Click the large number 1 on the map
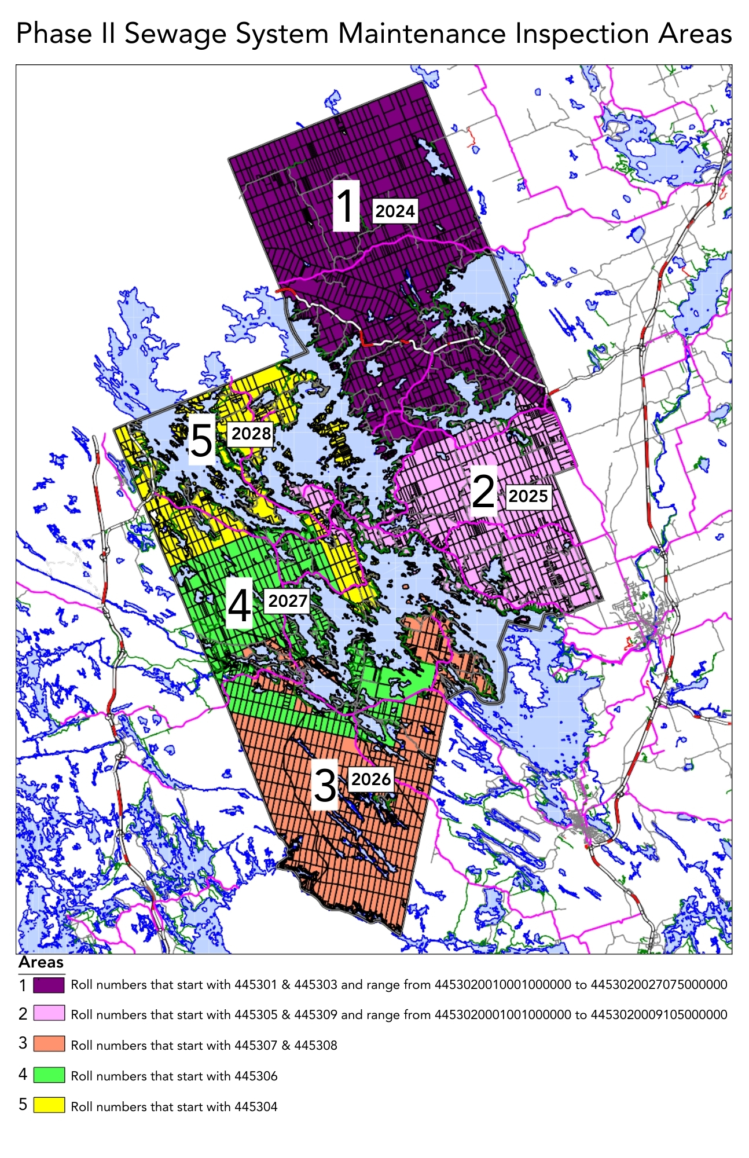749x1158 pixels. coord(346,206)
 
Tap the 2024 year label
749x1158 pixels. coord(395,211)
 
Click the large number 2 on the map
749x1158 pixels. coord(483,491)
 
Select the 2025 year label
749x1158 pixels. coord(528,496)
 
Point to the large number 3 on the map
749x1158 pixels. coord(325,785)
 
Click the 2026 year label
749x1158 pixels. coord(371,779)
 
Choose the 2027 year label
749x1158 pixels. coord(288,601)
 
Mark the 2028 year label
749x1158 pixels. coord(251,434)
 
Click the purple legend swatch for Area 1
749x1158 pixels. coord(49,984)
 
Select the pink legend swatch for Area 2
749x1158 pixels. coord(49,1014)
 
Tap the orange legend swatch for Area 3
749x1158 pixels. coord(49,1044)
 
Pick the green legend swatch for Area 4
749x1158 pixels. coord(49,1075)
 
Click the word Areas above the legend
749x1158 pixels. coord(41,963)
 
